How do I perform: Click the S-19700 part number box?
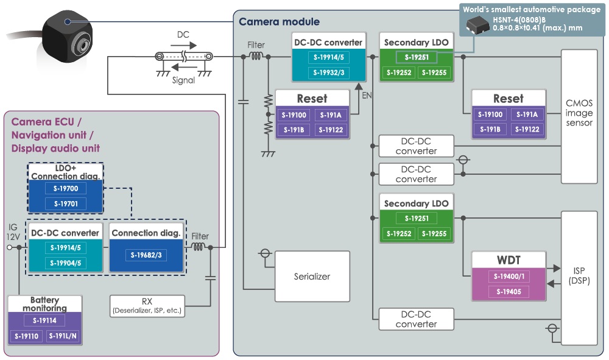66,189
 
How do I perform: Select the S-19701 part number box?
66,203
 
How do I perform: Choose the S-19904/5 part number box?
66,263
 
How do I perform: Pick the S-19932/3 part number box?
328,73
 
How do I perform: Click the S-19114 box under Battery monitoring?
44,320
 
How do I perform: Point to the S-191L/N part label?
63,336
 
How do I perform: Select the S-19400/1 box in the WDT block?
509,277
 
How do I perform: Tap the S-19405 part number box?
509,292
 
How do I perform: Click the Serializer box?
312,277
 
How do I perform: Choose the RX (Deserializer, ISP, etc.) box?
146,306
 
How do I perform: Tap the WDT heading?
509,261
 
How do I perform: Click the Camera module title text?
279,22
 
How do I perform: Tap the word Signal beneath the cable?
183,80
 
